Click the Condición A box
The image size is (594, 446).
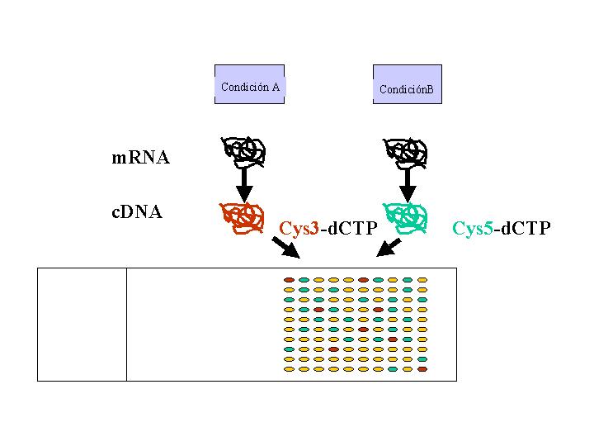tap(249, 84)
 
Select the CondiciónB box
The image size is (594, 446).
tap(408, 84)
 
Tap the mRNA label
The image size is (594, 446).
tap(140, 158)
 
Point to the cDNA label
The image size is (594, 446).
tap(137, 212)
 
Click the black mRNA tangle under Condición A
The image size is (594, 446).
tap(243, 152)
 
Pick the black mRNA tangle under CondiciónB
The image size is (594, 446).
tap(405, 154)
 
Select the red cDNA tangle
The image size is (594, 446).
tap(242, 218)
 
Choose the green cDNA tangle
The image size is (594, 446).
tap(405, 218)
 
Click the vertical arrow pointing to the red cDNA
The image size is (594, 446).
tap(244, 185)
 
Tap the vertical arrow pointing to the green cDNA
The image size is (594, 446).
tap(408, 186)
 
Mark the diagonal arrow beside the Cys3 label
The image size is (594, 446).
tap(286, 248)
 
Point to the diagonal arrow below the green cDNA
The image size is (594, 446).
tap(389, 247)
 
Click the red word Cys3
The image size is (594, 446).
tap(299, 229)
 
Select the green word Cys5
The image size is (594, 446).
tap(473, 228)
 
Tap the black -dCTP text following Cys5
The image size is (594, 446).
tap(522, 228)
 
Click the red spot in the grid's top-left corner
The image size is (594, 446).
tap(289, 280)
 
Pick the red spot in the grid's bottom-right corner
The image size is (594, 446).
tap(422, 369)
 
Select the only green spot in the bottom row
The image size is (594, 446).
tap(393, 369)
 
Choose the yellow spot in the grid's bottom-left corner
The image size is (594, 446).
tap(289, 369)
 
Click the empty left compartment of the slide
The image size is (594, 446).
tap(82, 325)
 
